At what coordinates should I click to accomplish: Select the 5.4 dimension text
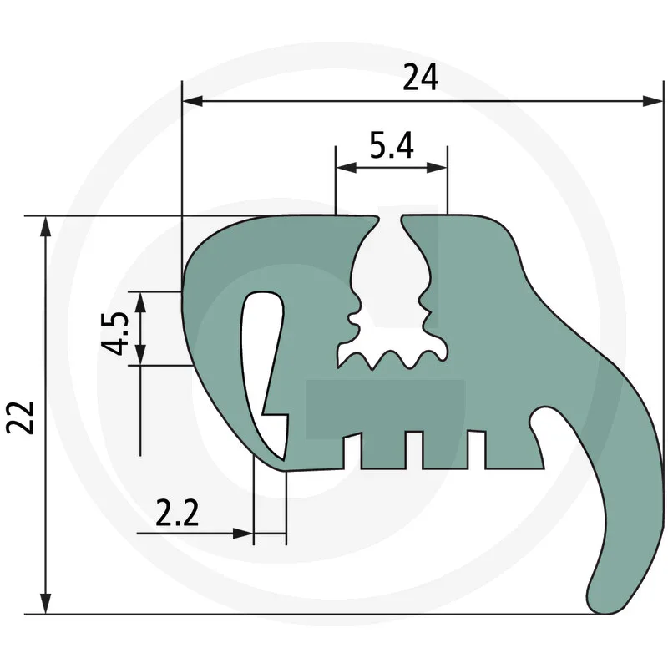pos(391,146)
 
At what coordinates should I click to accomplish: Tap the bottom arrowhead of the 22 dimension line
pos(46,605)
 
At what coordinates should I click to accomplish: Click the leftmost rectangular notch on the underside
pos(354,448)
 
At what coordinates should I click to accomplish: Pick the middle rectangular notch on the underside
pos(414,448)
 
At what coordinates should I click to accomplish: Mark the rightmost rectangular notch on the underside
pos(476,448)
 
